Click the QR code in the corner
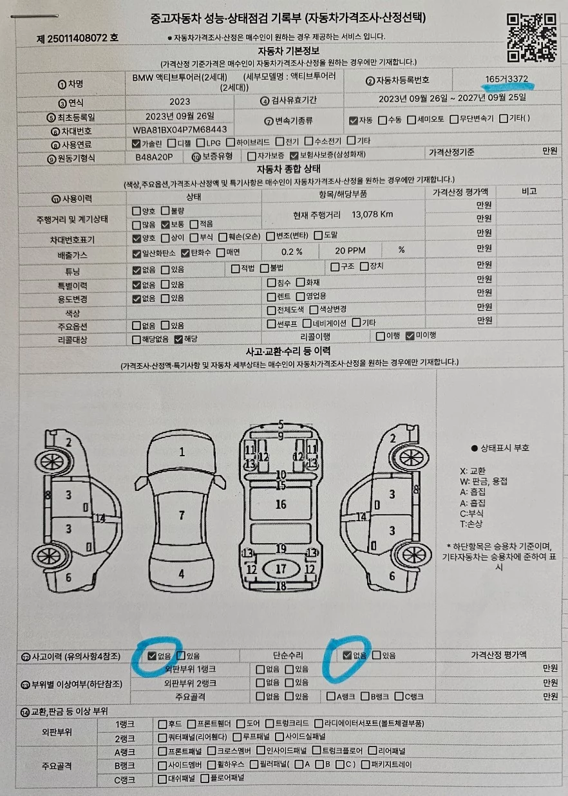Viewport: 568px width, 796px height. coord(531,37)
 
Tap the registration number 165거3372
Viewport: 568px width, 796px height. coord(506,79)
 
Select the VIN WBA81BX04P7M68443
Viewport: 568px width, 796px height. coord(180,129)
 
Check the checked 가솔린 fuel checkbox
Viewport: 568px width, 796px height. coord(136,143)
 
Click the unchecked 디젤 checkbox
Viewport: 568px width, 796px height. coord(171,143)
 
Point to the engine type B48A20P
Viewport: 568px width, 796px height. coord(154,157)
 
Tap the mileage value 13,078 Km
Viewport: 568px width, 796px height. coord(372,214)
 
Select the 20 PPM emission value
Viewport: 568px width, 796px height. coord(350,250)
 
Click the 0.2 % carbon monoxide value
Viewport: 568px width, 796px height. coord(292,252)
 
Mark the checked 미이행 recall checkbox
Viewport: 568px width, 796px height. coord(410,335)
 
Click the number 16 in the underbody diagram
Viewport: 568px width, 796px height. coord(281,504)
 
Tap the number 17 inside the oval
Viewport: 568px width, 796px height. coord(281,569)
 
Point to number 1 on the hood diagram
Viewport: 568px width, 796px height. coord(182,452)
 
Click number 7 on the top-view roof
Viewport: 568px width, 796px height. coord(182,515)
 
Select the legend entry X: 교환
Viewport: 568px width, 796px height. coord(472,471)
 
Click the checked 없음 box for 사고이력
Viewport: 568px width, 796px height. coord(152,656)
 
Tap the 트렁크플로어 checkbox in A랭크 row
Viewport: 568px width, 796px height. coord(317,750)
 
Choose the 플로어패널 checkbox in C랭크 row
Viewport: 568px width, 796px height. coord(205,778)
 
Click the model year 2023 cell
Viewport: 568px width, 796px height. coord(180,102)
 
